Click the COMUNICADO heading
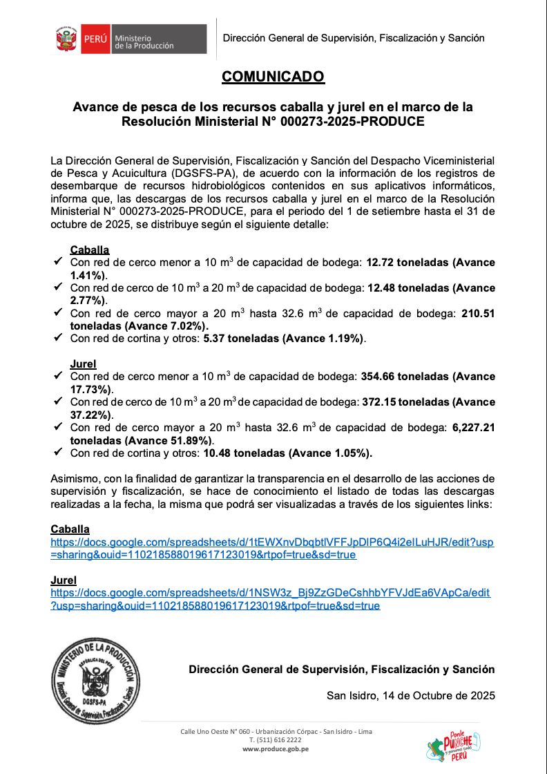(273, 77)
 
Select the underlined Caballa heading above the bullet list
(90, 250)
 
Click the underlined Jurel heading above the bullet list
(83, 364)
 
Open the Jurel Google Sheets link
(270, 599)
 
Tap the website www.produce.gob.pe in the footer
(276, 748)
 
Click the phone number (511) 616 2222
(276, 739)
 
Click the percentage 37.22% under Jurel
(90, 415)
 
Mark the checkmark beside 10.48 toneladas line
(57, 453)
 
